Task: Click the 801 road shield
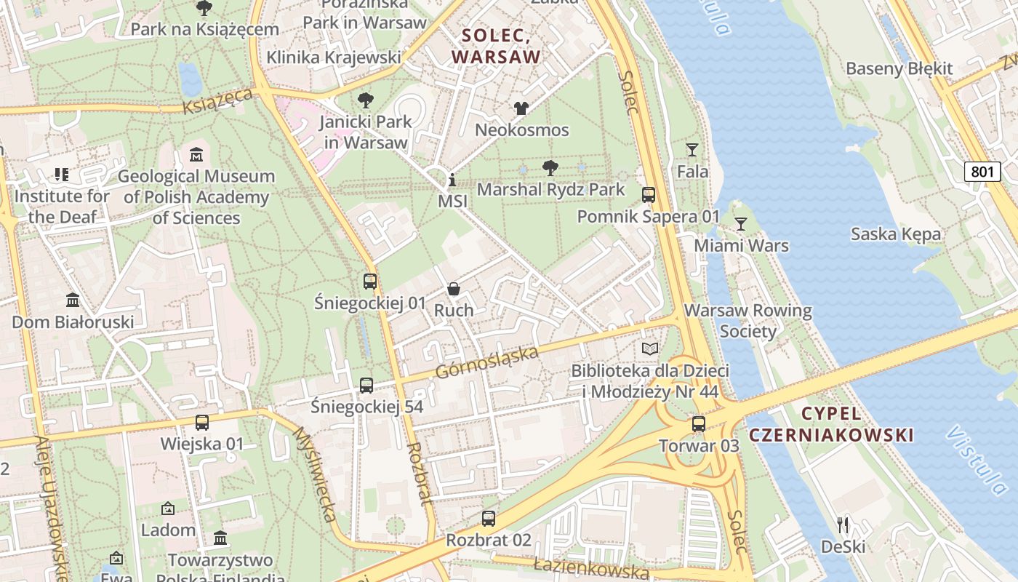click(x=982, y=172)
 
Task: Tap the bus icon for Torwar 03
click(x=699, y=424)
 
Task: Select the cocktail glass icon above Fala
click(x=692, y=150)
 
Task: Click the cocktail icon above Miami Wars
click(x=740, y=223)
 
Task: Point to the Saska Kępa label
click(x=896, y=234)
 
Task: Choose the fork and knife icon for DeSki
click(x=843, y=525)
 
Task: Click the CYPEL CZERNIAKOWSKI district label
click(x=830, y=424)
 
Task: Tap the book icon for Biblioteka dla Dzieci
click(x=649, y=348)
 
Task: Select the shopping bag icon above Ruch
click(x=454, y=289)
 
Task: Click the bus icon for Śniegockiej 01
click(x=370, y=281)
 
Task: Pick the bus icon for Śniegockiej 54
click(x=366, y=386)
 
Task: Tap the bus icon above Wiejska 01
click(x=202, y=422)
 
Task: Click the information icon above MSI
click(x=452, y=179)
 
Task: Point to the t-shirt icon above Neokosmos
click(x=521, y=108)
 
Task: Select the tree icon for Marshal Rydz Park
click(x=550, y=168)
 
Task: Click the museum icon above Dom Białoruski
click(x=73, y=300)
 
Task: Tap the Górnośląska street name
click(x=487, y=362)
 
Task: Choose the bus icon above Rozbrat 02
click(x=489, y=519)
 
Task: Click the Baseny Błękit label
click(x=899, y=68)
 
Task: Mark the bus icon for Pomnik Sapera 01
click(x=649, y=195)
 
